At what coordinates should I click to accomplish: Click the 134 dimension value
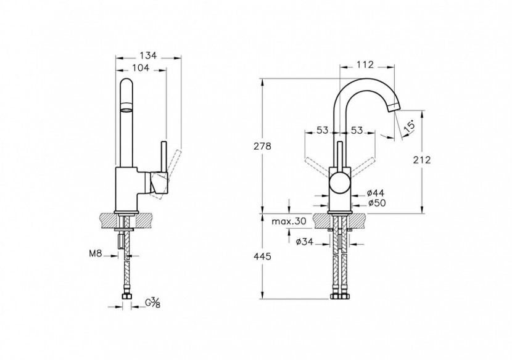coord(148,55)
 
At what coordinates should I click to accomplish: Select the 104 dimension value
coord(141,69)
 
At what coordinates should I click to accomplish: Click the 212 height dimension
coord(421,160)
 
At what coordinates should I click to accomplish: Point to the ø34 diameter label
coord(306,242)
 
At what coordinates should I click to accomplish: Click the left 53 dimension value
coord(322,130)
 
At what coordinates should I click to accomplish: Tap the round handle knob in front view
coord(339,183)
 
